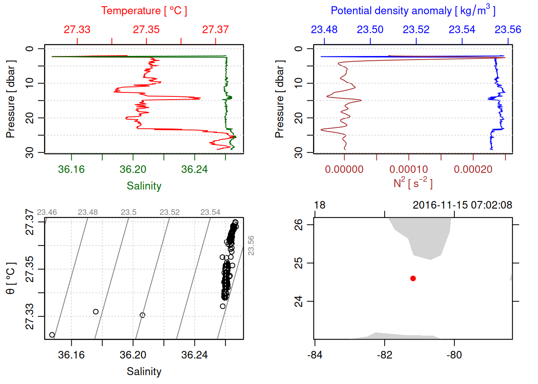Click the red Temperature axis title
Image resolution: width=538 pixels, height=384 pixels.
pyautogui.click(x=144, y=11)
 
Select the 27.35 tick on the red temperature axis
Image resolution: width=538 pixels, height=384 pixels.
pyautogui.click(x=146, y=30)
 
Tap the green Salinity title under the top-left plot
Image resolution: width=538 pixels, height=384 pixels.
pyautogui.click(x=144, y=186)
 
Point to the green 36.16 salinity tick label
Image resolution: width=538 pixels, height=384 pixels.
pyautogui.click(x=71, y=170)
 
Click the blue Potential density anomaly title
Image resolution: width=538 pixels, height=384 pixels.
pyautogui.click(x=413, y=11)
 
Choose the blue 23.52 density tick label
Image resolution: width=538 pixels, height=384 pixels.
pyautogui.click(x=416, y=30)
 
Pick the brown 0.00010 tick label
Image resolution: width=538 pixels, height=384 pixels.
pyautogui.click(x=408, y=170)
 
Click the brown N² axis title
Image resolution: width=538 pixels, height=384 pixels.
pyautogui.click(x=413, y=183)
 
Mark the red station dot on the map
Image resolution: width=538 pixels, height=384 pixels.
pyautogui.click(x=413, y=278)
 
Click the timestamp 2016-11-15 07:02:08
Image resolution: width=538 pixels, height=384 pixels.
pyautogui.click(x=462, y=205)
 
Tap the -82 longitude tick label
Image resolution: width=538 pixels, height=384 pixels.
pyautogui.click(x=384, y=355)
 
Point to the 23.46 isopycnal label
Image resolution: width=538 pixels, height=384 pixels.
pyautogui.click(x=47, y=212)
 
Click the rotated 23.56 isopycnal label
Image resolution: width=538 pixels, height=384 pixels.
pyautogui.click(x=251, y=246)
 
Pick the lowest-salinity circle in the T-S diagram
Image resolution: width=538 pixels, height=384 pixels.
pyautogui.click(x=52, y=335)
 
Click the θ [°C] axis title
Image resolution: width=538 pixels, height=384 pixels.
pyautogui.click(x=10, y=278)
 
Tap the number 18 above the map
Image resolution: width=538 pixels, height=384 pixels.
pyautogui.click(x=319, y=205)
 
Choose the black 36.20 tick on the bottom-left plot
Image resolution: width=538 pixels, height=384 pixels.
pyautogui.click(x=133, y=355)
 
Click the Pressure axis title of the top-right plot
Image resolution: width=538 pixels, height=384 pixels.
pyautogui.click(x=279, y=99)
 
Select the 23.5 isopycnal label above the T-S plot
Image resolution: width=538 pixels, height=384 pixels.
pyautogui.click(x=128, y=212)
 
